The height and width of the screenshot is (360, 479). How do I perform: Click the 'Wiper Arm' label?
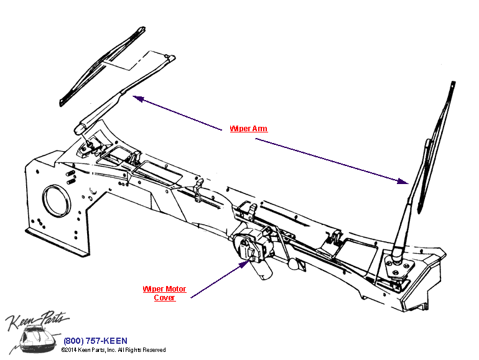[248, 129]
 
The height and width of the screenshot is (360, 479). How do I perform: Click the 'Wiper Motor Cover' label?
[164, 293]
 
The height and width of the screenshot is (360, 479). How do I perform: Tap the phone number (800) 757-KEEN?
[95, 341]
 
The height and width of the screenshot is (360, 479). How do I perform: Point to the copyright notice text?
[113, 350]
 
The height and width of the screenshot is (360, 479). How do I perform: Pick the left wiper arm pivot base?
[88, 147]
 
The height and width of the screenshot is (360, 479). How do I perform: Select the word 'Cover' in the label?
[164, 298]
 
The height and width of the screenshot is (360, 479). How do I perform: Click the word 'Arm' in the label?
[259, 129]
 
